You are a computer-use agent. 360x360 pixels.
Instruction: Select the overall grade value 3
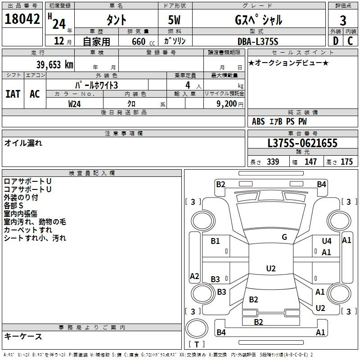343,20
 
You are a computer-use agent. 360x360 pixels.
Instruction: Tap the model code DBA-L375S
258,41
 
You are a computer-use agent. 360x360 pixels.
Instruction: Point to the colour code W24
75,104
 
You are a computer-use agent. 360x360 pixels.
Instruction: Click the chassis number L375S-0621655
302,144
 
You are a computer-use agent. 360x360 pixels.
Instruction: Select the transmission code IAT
13,94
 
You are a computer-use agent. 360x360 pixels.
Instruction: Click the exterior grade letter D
335,41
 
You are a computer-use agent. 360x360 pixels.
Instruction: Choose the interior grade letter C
351,41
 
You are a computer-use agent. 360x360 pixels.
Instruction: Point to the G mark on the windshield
284,237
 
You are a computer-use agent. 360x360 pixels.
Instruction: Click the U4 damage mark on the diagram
326,241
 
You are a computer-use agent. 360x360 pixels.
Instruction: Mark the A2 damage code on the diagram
194,276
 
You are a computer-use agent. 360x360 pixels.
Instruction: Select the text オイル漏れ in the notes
23,143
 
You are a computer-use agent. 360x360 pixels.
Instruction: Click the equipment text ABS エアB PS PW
279,121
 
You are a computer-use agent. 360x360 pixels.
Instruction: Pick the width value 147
310,162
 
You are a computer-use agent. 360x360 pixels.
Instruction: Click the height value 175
346,162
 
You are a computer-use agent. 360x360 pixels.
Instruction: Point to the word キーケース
23,336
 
